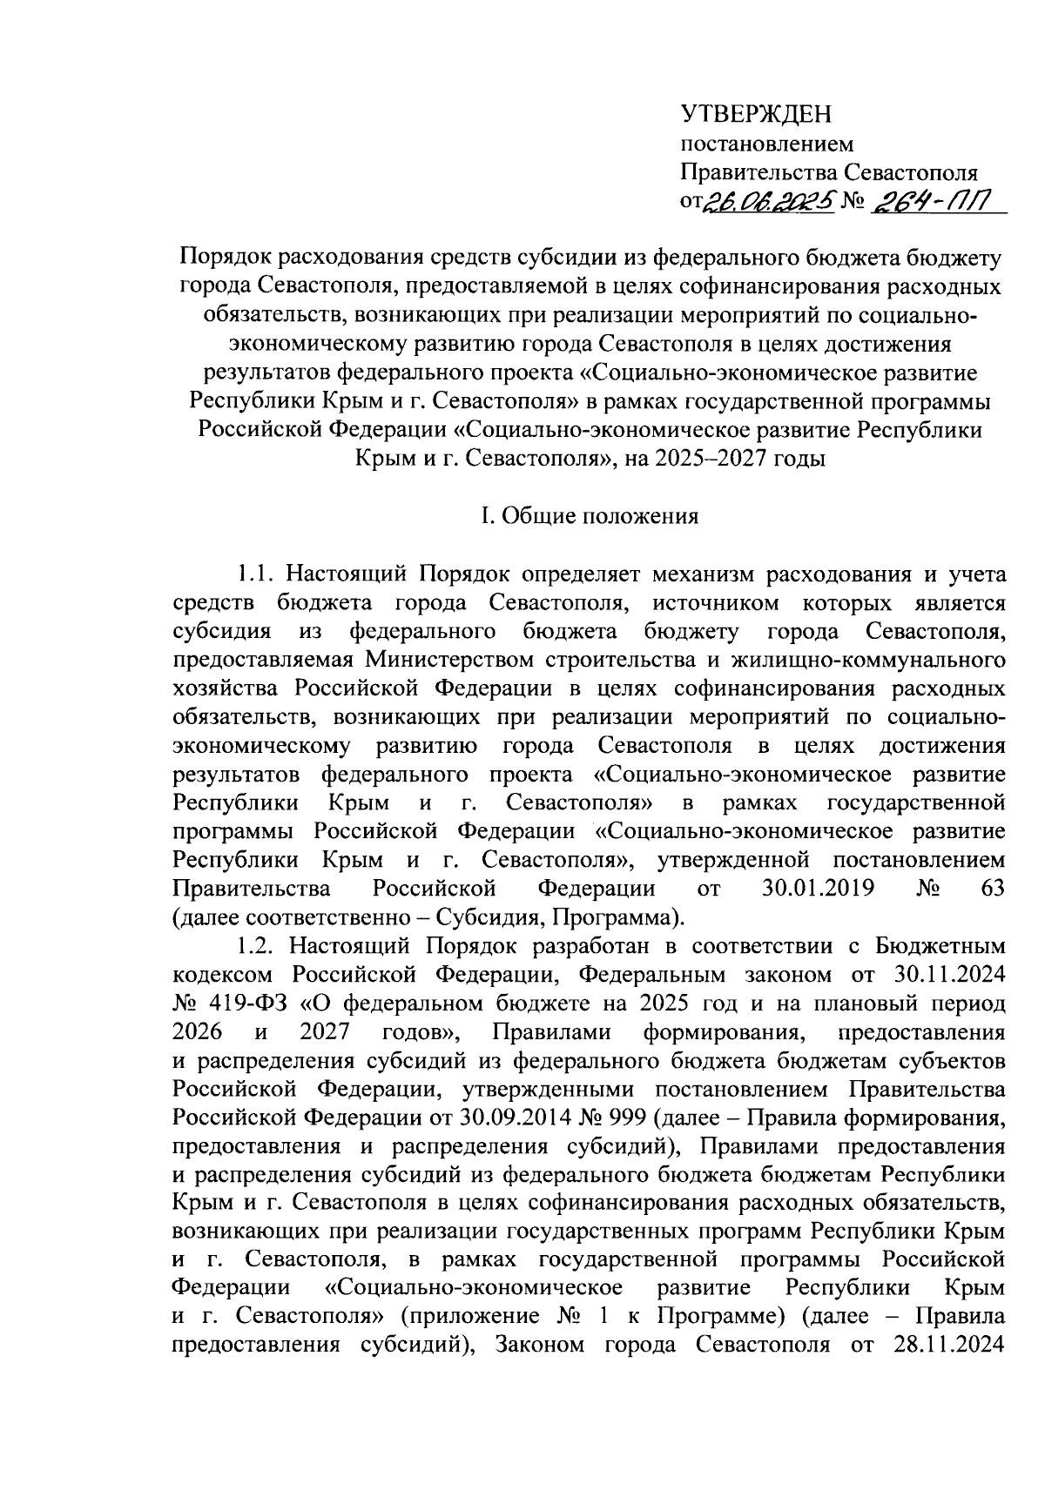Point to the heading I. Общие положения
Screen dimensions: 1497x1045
pos(590,516)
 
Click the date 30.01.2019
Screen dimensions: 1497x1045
pos(819,889)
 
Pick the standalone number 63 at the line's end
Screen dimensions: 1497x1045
pos(992,889)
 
